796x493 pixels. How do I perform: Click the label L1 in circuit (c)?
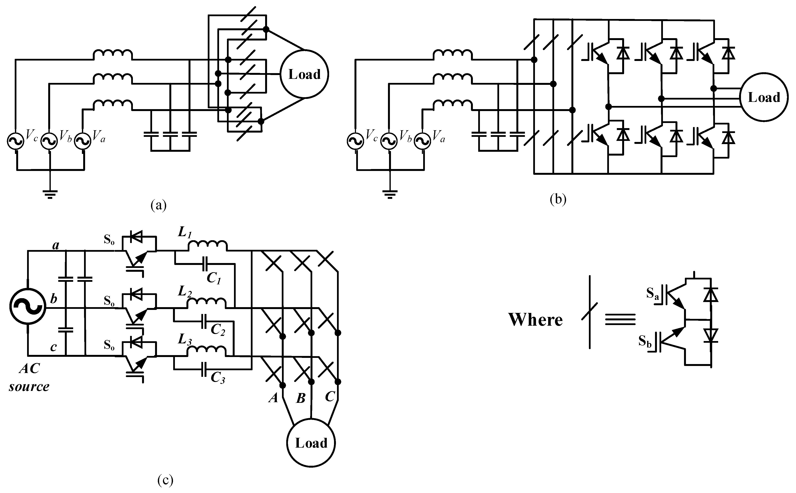185,233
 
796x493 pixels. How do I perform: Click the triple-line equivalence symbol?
620,320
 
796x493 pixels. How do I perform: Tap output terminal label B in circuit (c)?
301,398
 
